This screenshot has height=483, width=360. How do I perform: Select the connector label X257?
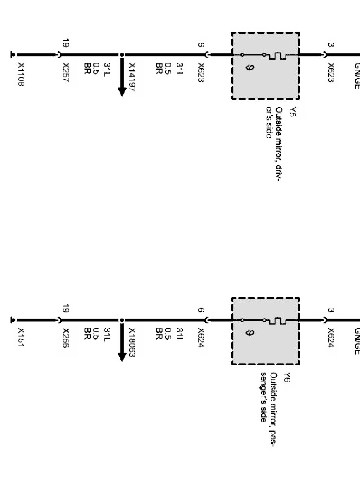(x=66, y=72)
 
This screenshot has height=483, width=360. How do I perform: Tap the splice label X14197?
(x=132, y=77)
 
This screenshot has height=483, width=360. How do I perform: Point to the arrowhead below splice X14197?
(x=122, y=92)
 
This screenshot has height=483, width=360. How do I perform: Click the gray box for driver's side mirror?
(x=266, y=66)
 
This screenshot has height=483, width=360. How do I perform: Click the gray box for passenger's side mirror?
(x=266, y=331)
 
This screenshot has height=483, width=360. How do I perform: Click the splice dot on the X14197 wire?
(x=122, y=55)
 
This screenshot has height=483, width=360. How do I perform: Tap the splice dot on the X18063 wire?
(x=122, y=320)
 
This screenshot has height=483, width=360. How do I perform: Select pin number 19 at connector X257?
(x=66, y=43)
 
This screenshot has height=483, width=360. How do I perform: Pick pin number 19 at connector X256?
(x=66, y=309)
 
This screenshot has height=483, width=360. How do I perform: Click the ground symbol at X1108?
(x=13, y=55)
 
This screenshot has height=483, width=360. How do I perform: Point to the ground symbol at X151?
(x=13, y=320)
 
